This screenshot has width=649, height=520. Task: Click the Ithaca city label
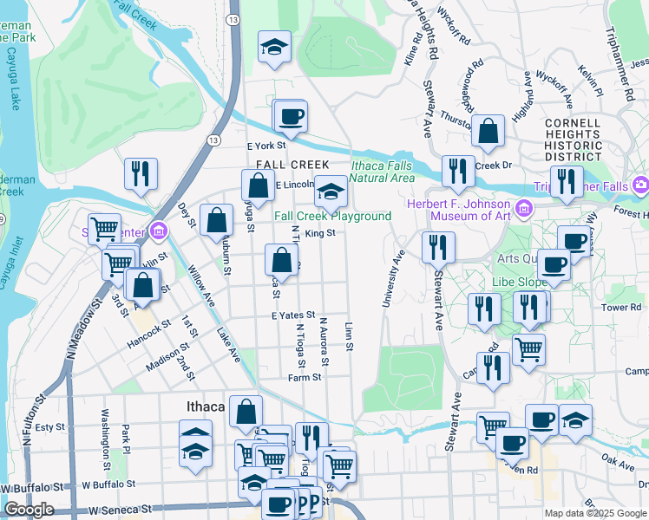(206, 406)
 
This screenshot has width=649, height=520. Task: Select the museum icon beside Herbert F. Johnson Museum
(525, 209)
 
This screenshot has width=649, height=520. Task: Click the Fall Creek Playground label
(332, 216)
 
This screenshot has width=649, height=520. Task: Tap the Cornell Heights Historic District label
(573, 140)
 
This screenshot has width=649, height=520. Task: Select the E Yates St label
(292, 316)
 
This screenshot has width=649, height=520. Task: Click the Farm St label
(305, 377)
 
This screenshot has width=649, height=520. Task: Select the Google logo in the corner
(29, 509)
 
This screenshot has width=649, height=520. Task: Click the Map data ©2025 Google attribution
(595, 513)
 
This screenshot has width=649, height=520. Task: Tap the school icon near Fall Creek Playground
(330, 191)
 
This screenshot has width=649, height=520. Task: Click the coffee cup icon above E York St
(291, 115)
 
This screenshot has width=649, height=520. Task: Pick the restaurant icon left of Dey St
(140, 173)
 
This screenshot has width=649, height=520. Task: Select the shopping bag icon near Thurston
(488, 132)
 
